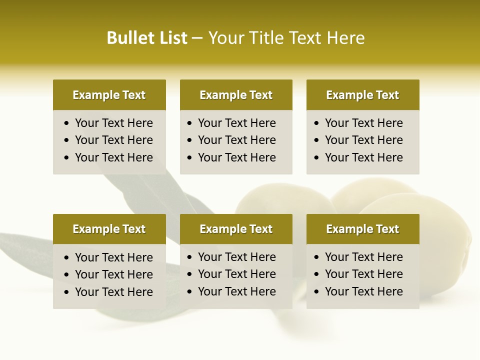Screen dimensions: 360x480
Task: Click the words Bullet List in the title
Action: point(147,38)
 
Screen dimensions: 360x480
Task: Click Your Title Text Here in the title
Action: point(286,38)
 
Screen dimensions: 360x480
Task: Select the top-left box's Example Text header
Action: point(109,95)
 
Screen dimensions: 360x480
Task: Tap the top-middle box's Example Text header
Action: point(236,95)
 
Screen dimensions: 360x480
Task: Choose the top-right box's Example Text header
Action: point(362,95)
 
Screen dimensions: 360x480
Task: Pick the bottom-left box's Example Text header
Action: point(109,229)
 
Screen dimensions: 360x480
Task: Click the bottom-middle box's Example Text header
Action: point(236,229)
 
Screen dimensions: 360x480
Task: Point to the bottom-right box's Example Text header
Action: point(362,229)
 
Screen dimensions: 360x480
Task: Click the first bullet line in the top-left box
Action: point(114,123)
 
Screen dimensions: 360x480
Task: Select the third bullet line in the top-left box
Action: point(114,157)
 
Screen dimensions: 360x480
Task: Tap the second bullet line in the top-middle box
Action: point(237,140)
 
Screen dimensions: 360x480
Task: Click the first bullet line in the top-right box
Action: point(364,123)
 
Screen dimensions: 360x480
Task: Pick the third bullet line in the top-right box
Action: point(364,157)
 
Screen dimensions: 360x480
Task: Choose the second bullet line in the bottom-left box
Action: point(114,274)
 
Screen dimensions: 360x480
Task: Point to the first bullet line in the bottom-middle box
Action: point(237,257)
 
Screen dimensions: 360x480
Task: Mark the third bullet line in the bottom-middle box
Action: point(237,291)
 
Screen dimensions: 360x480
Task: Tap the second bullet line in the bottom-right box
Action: point(364,274)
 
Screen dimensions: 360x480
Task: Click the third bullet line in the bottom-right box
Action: point(364,291)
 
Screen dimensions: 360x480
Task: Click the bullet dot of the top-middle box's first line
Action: point(189,123)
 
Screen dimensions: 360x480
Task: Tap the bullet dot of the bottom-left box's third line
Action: point(67,292)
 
